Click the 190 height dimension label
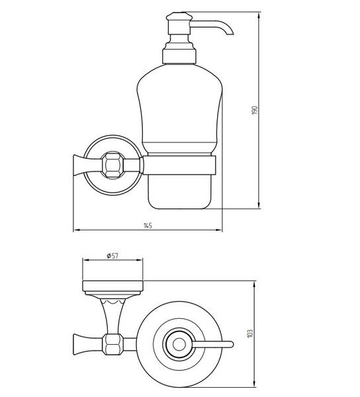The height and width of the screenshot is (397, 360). (255, 110)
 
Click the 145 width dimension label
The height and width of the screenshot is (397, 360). (148, 226)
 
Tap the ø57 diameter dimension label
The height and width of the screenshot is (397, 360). (112, 255)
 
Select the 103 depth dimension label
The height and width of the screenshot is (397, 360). (250, 333)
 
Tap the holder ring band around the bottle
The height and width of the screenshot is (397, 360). (179, 165)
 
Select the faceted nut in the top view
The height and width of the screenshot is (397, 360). (113, 344)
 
